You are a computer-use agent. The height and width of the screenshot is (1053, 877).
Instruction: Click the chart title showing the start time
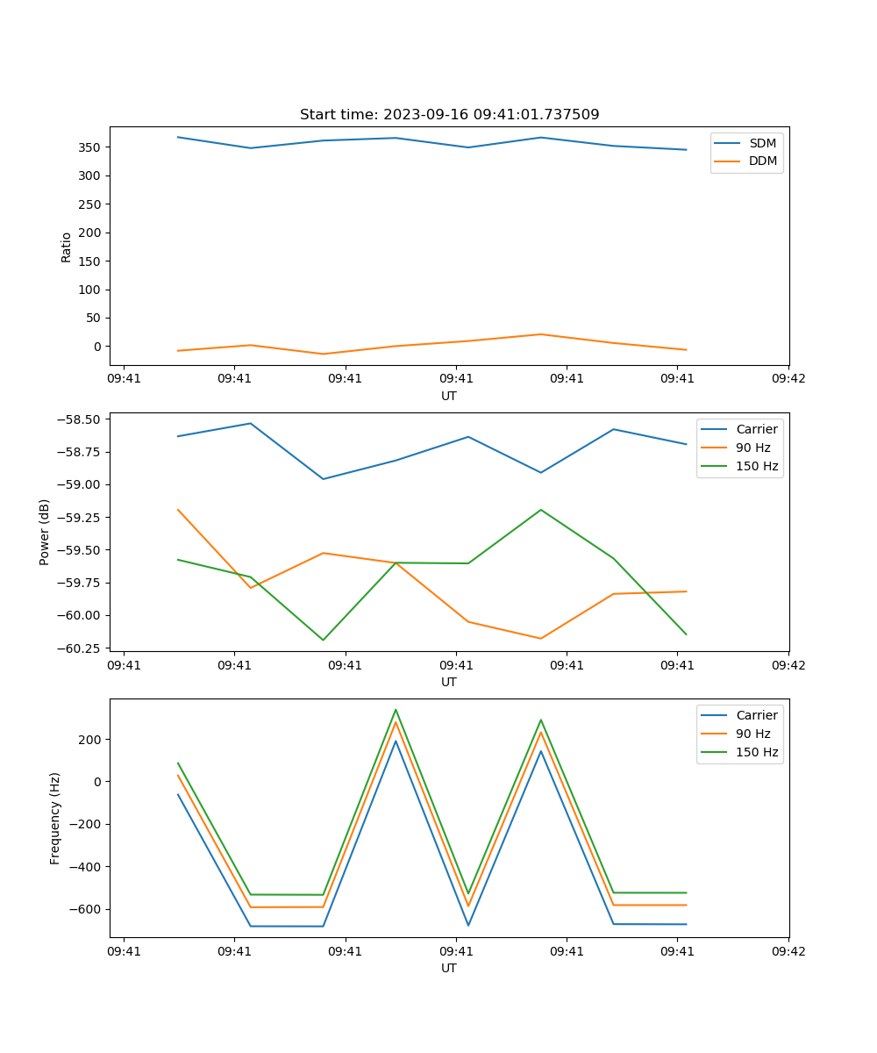(x=449, y=115)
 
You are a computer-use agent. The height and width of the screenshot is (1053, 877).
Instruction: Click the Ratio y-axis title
(x=67, y=247)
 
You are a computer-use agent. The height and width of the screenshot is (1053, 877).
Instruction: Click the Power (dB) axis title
(x=45, y=532)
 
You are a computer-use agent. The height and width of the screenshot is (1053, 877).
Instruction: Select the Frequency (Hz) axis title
(x=55, y=818)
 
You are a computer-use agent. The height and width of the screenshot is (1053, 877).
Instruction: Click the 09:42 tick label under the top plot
(x=788, y=379)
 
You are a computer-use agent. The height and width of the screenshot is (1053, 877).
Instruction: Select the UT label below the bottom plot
(x=449, y=968)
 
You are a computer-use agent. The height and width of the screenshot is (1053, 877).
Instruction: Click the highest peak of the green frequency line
(x=396, y=710)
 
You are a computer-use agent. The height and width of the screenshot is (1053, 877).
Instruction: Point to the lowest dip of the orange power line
(x=540, y=638)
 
